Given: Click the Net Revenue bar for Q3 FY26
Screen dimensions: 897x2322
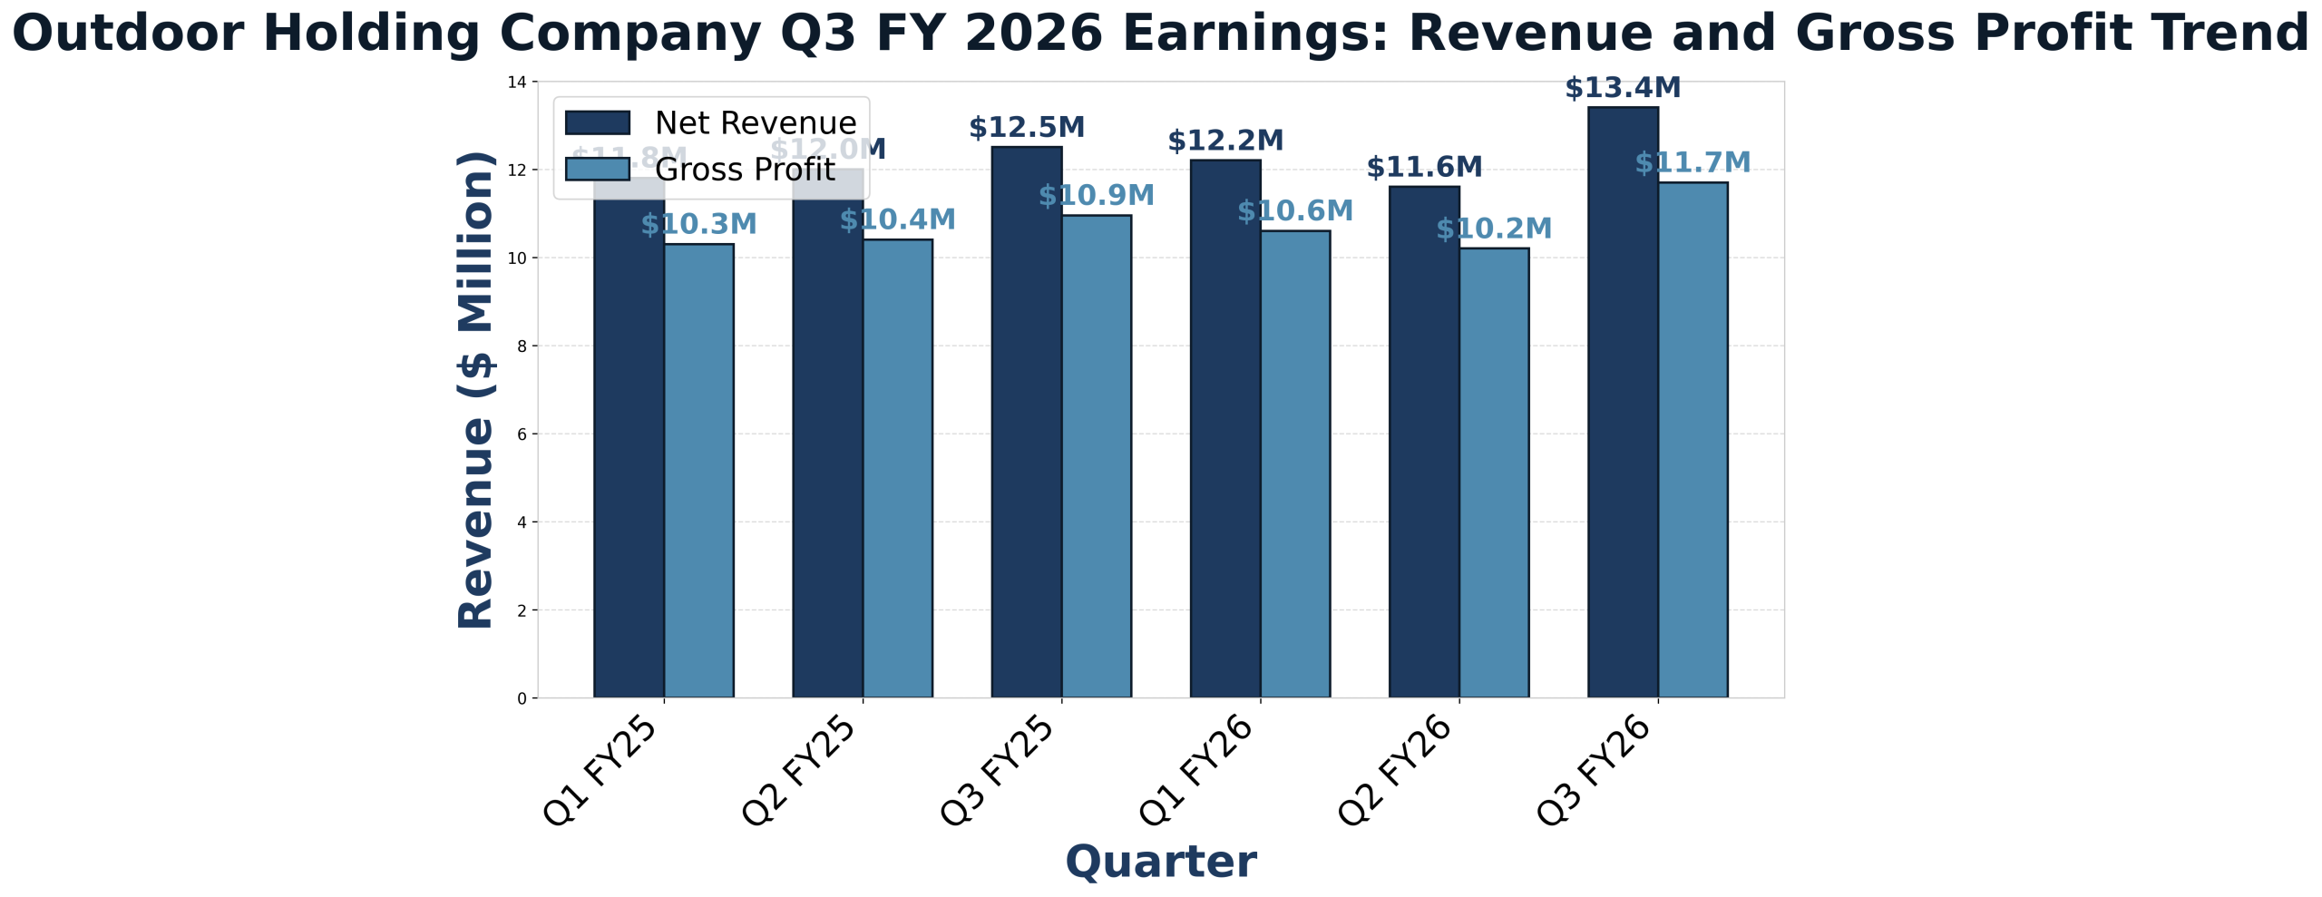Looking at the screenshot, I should [1623, 403].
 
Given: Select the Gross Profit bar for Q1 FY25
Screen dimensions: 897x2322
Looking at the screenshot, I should [699, 471].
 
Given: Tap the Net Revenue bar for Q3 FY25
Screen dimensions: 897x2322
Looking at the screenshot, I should [1027, 423].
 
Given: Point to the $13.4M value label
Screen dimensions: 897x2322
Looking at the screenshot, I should [1623, 89].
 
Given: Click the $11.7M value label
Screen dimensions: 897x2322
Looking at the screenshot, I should [1693, 163].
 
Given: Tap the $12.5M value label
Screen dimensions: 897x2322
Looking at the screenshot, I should [1027, 128].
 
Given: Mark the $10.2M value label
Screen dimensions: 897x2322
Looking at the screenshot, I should [1494, 229].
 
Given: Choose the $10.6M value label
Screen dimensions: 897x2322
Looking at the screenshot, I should [1295, 212].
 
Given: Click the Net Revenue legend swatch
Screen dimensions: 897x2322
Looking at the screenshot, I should [597, 122].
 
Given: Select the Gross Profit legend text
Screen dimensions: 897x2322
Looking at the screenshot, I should [745, 170].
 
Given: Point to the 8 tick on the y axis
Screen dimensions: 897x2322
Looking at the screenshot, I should [522, 346].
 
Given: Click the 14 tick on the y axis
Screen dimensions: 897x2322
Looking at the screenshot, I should [518, 83].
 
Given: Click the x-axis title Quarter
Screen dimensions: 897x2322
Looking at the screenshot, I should [1161, 862].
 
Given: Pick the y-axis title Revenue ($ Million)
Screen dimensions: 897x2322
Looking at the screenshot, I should [476, 390].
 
